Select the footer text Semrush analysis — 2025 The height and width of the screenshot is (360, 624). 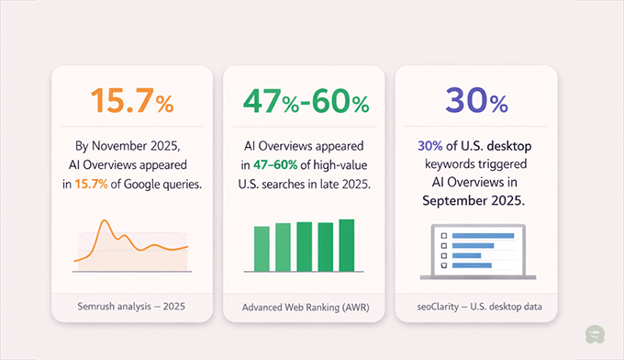pyautogui.click(x=130, y=306)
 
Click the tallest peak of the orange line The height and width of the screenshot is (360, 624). pyautogui.click(x=106, y=222)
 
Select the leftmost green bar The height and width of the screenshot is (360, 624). pyautogui.click(x=262, y=248)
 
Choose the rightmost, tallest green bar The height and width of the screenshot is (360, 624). pyautogui.click(x=346, y=245)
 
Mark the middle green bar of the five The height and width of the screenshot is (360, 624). pyautogui.click(x=304, y=247)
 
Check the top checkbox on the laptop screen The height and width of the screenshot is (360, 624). pyautogui.click(x=445, y=235)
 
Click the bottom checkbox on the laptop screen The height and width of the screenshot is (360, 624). pyautogui.click(x=445, y=264)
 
